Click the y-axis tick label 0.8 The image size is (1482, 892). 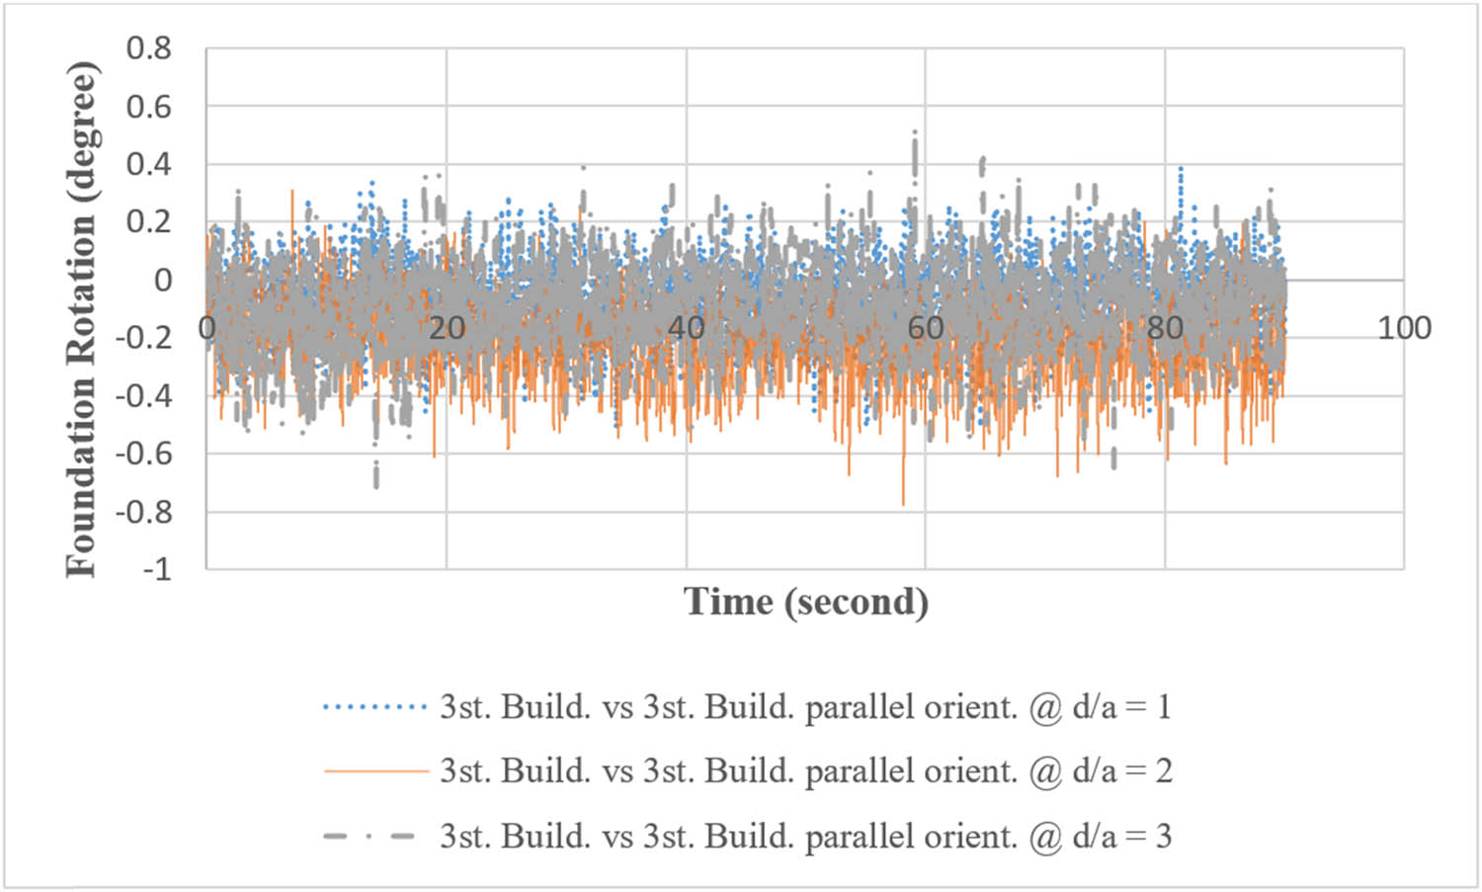tap(148, 48)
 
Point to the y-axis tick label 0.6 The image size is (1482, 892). tap(148, 107)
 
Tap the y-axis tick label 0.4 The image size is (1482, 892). tap(148, 164)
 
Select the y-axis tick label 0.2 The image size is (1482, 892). tap(148, 222)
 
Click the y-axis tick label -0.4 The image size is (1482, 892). tap(143, 396)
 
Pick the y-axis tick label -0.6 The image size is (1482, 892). tap(143, 454)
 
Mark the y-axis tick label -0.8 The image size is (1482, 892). tap(143, 512)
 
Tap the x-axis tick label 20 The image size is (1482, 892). tap(447, 328)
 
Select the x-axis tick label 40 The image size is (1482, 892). tap(686, 328)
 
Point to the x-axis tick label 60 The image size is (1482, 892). tap(926, 328)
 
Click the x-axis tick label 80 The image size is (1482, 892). tap(1165, 328)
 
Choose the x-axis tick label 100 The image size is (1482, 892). tap(1404, 328)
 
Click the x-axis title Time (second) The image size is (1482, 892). tap(806, 602)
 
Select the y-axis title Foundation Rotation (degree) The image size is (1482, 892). tap(82, 318)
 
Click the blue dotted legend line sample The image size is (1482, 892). tap(374, 707)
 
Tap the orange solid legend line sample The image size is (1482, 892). tap(374, 771)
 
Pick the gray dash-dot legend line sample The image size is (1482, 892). tap(374, 837)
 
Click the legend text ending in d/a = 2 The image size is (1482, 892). tap(806, 771)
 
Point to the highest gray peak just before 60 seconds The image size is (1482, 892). tap(915, 133)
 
